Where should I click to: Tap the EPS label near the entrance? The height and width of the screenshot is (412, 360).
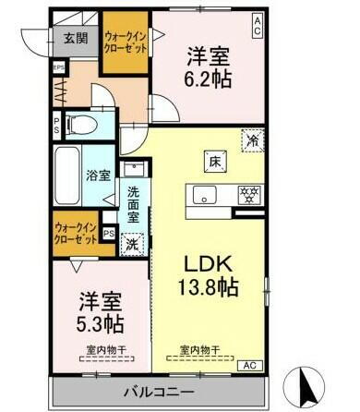coord(58,67)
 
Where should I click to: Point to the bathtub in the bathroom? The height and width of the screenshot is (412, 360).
coord(66,175)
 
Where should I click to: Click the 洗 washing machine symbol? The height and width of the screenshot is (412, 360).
coord(132,244)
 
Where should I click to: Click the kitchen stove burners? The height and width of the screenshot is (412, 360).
coord(248,194)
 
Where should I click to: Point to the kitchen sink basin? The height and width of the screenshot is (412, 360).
coord(204,194)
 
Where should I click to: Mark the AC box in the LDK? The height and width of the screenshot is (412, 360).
coord(248,365)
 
